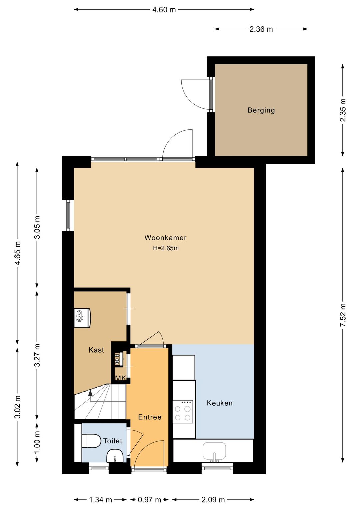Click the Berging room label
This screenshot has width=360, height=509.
point(261,110)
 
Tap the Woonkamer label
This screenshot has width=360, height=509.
point(166,238)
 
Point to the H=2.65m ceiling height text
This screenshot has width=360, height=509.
point(166,248)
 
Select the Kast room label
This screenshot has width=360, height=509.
point(96,350)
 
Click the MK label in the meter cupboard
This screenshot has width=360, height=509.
point(121,378)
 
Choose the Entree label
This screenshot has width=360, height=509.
point(150,417)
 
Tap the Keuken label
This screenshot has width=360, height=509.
point(220,403)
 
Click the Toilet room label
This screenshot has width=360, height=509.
point(113,441)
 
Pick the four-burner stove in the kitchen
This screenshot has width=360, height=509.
point(183,412)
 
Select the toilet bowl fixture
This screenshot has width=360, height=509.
point(91,441)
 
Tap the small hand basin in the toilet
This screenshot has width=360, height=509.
point(115,455)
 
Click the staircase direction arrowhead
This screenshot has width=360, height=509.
point(90,393)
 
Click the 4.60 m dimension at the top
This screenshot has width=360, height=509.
point(164,10)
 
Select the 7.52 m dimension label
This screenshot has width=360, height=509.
point(343,315)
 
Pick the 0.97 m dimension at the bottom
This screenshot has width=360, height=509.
point(149,500)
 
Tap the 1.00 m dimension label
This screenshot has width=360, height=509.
point(37,442)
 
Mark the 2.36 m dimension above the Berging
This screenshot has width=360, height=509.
point(261,29)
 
